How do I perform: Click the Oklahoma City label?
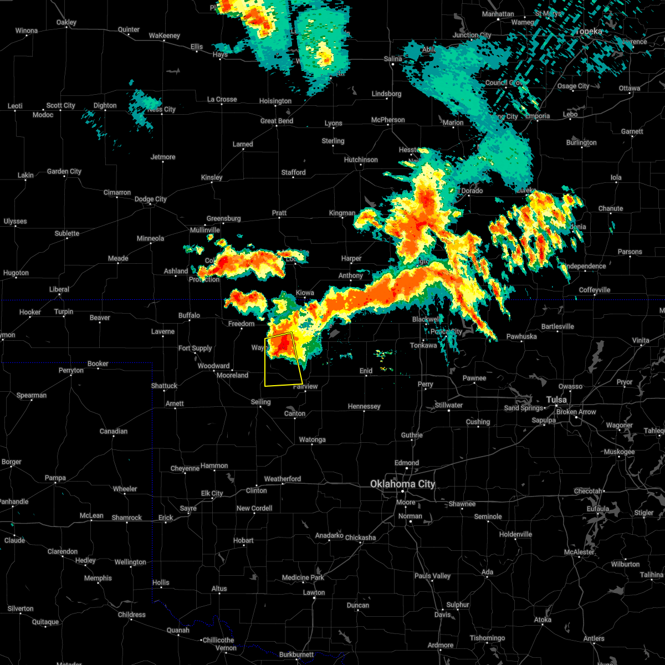coord(403,484)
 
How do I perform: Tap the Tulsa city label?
coord(556,400)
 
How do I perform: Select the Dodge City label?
coord(150,199)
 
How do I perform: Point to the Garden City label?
coord(64,171)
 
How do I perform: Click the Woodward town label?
coord(213,366)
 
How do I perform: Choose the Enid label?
coord(366,371)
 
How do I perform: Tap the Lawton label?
coord(314,592)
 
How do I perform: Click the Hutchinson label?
coord(361,160)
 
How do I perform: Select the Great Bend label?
coord(277,121)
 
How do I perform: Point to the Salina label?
coord(393,59)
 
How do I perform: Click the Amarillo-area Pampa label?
coord(55,478)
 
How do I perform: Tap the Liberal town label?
coord(59,289)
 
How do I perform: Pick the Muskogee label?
coord(619,452)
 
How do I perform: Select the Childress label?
coord(132,615)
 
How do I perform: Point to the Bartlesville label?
coord(557,326)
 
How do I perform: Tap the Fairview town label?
coord(305,386)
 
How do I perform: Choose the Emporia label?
coord(538,116)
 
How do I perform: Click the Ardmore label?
coord(441,645)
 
